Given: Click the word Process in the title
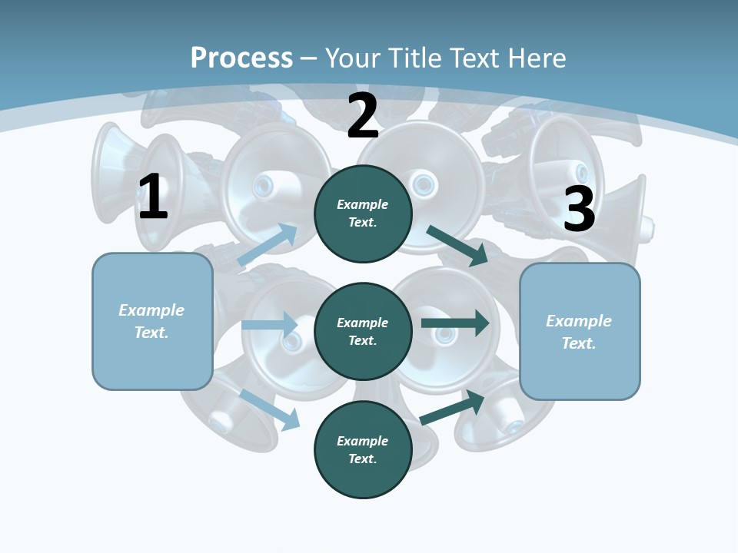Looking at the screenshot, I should tap(241, 58).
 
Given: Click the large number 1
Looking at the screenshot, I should tap(153, 197).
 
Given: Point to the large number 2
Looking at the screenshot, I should tap(363, 116).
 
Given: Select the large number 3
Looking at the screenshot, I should tap(579, 210).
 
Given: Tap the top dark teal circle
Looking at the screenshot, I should tap(363, 214).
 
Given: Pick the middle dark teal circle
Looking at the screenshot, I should tap(363, 332).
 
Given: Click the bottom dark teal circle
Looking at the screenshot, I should tap(363, 450).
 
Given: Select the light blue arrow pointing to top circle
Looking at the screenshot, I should tap(268, 245).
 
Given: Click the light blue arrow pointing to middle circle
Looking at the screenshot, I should tap(269, 325).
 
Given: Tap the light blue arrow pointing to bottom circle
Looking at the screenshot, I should tap(270, 409).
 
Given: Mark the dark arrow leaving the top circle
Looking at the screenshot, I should tap(457, 245).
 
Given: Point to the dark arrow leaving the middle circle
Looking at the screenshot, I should tap(455, 323).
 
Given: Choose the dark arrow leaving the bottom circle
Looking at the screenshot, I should tap(453, 406).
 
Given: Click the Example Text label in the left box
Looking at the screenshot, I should tap(151, 321).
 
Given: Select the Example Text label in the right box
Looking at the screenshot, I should tap(579, 332).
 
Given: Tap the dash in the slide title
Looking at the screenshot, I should tap(309, 58).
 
